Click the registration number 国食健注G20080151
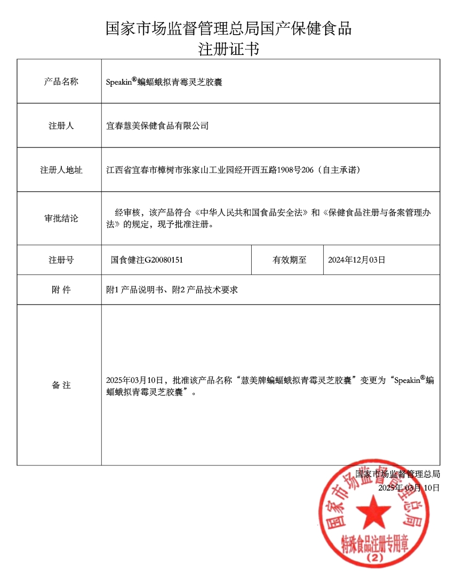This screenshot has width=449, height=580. [147, 260]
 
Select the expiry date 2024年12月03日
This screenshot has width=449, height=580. [356, 260]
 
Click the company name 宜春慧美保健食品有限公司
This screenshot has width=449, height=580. [157, 126]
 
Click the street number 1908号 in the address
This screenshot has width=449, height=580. [274, 170]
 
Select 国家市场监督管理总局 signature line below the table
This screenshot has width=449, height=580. [398, 473]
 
